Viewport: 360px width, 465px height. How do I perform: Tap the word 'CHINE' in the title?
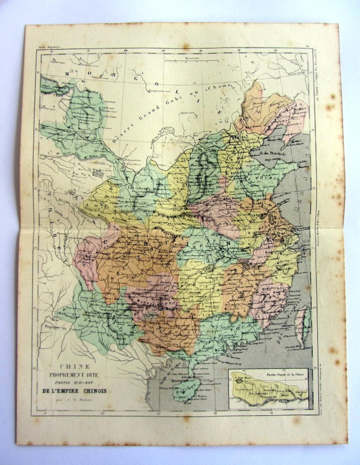75,367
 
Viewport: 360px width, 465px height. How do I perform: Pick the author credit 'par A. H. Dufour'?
77,400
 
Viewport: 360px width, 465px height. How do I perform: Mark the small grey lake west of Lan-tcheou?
97,174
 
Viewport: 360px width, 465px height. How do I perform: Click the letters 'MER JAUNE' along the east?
308,172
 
